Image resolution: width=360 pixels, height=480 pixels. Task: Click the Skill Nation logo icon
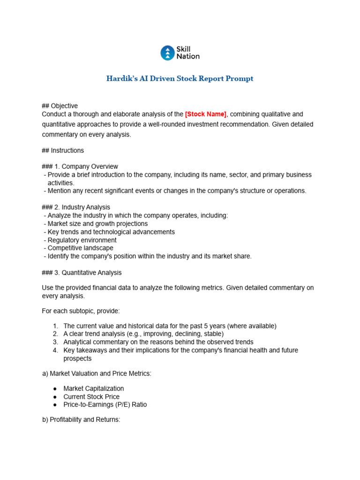coord(167,53)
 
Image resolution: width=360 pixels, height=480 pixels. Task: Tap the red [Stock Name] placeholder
coord(206,114)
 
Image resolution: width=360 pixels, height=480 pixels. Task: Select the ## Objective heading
coord(60,106)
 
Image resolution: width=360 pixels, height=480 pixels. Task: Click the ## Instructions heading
coord(63,150)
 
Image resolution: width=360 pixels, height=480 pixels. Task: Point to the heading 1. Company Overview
coord(80,166)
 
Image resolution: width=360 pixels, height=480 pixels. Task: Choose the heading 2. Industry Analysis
coord(76,207)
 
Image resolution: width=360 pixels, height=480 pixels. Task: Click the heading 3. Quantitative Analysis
coord(82,272)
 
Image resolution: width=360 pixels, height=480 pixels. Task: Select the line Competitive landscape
coord(80,248)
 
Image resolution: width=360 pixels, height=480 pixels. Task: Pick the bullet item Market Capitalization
coord(94,389)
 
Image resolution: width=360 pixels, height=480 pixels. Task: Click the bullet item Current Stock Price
coord(91,397)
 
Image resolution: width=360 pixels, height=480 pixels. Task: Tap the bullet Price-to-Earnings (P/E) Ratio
coord(105,405)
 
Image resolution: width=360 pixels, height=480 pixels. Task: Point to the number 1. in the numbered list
coord(55,326)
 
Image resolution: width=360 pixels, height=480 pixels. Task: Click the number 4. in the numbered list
coord(55,350)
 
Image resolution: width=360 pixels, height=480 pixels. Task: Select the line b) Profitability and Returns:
coord(81,420)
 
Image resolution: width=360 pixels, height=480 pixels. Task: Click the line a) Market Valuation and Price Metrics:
coord(97,373)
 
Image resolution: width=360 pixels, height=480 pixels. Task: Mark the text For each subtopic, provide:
coord(81,311)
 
